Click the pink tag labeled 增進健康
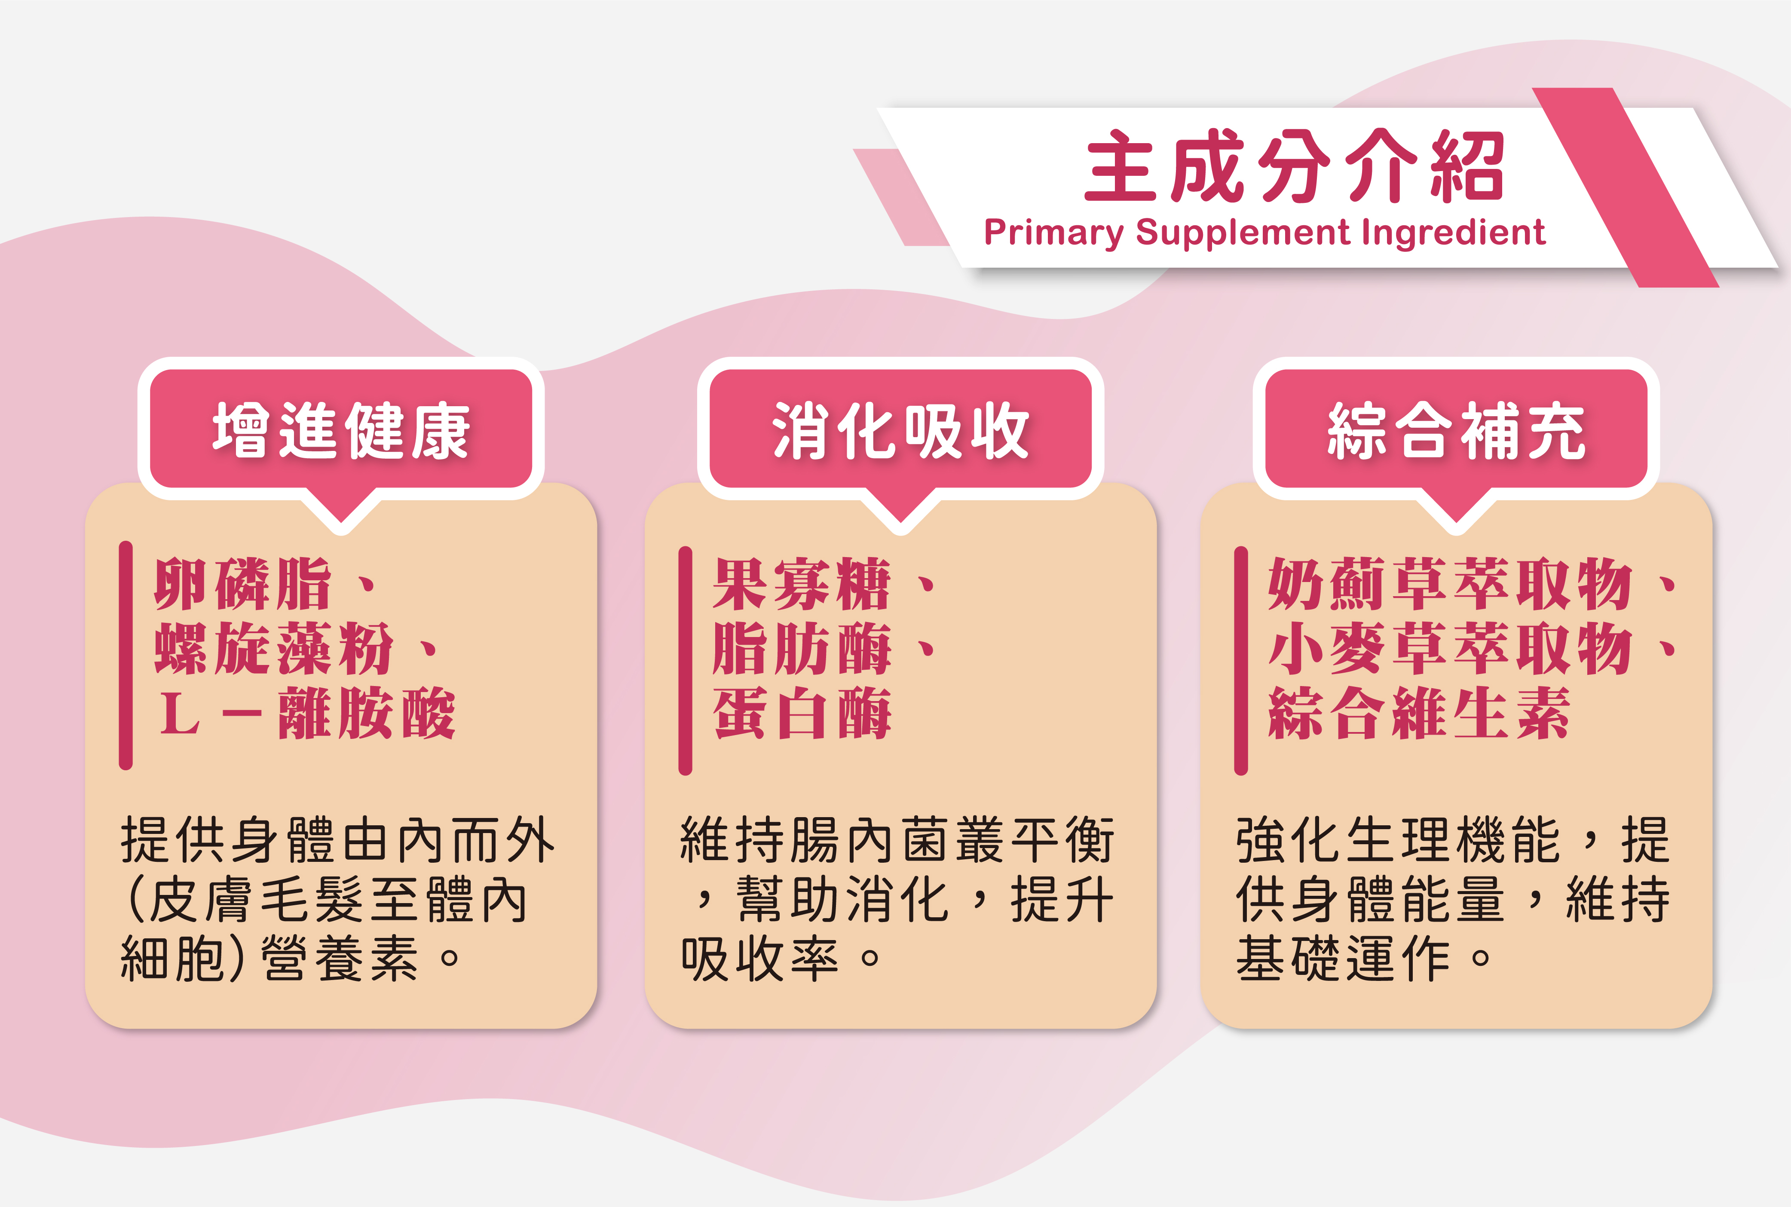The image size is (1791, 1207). pos(341,429)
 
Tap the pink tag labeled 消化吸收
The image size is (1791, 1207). pos(900,429)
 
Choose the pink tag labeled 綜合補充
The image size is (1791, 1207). pos(1456,429)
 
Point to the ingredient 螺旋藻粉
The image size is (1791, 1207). pos(273,649)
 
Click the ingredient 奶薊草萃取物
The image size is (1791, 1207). pos(1450,584)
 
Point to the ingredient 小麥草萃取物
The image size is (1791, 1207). pos(1450,649)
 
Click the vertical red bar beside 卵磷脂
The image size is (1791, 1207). pos(126,655)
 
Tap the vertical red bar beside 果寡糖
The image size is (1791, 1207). pos(685,661)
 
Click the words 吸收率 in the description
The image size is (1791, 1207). pos(759,959)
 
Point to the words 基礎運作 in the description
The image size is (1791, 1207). pos(1343,959)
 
